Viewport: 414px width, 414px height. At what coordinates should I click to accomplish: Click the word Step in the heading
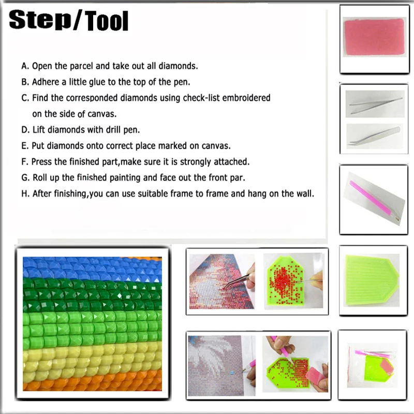click(41, 22)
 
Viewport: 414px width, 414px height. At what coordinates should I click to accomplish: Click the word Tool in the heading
click(103, 22)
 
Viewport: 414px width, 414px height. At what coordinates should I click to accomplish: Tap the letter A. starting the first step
click(25, 66)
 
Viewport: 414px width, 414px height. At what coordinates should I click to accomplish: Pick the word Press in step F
click(42, 162)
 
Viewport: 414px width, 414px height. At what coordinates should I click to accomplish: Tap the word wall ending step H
click(306, 194)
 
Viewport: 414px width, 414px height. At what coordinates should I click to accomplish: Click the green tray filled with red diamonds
click(288, 282)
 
